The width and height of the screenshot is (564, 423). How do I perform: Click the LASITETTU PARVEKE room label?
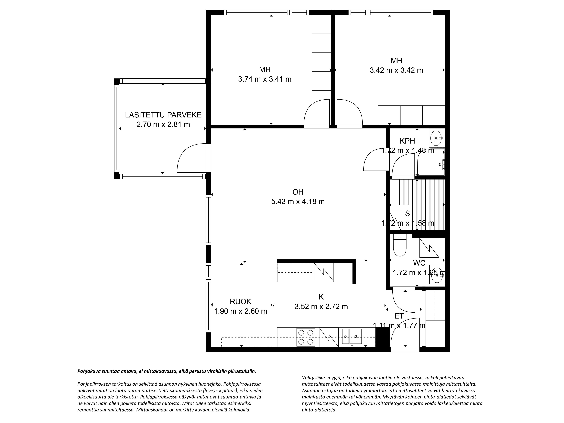coord(163,115)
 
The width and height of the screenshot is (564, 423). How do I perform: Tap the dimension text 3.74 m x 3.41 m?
coord(265,79)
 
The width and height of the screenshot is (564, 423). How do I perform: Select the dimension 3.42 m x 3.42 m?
coord(396,70)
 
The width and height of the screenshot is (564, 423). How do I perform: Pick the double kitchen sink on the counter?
coord(352,337)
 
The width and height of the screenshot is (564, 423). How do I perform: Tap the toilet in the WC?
coord(400,245)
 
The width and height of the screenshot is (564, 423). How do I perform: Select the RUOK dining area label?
coord(240,302)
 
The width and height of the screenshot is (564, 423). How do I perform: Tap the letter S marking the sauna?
coord(407,213)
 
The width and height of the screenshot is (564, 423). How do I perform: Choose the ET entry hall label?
coord(399,316)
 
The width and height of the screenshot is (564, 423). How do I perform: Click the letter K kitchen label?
coord(321,297)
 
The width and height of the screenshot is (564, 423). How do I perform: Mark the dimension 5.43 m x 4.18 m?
coord(298,202)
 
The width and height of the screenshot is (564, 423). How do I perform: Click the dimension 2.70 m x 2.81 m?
coord(163,124)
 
